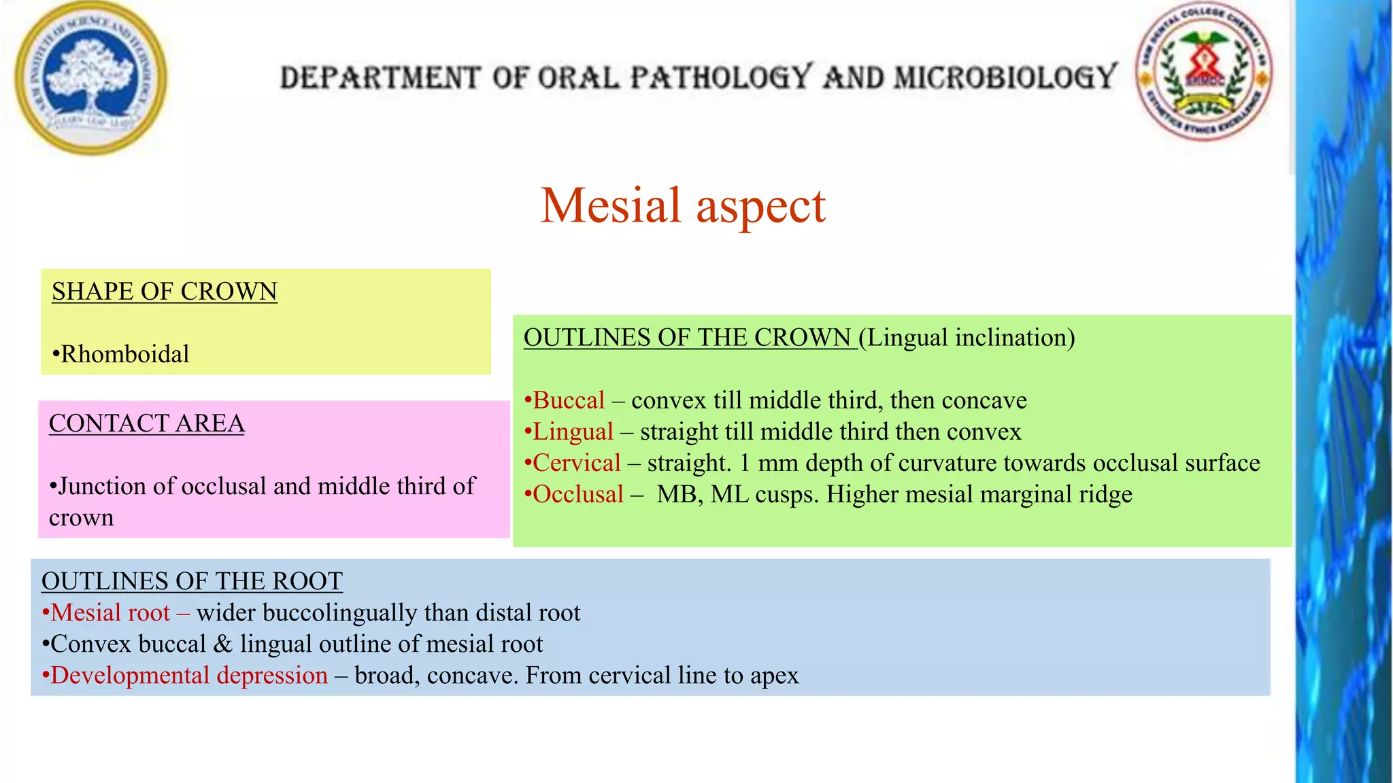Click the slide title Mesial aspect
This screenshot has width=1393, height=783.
tap(682, 205)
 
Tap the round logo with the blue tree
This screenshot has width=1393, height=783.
tap(90, 77)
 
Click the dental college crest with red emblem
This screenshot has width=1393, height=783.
tap(1204, 71)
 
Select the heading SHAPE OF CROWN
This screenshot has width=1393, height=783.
tap(165, 292)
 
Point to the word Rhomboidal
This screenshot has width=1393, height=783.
tap(125, 354)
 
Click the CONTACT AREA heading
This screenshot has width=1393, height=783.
tap(147, 423)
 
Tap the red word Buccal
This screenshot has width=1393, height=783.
tap(569, 400)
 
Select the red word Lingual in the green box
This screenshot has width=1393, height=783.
tap(573, 432)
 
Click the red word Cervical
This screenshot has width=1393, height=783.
tap(577, 463)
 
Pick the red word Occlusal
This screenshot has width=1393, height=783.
tap(578, 494)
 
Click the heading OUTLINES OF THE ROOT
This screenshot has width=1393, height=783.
tap(192, 581)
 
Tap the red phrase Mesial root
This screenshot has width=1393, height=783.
tap(110, 612)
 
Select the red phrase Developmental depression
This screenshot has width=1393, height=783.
tap(189, 675)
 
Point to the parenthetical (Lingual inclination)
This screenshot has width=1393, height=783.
tap(967, 338)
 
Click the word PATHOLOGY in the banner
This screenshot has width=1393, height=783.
tap(721, 77)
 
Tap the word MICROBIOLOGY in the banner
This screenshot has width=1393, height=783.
tap(1005, 77)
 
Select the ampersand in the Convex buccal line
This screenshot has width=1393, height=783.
tap(222, 644)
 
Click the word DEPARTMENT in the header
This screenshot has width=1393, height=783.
tap(381, 77)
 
